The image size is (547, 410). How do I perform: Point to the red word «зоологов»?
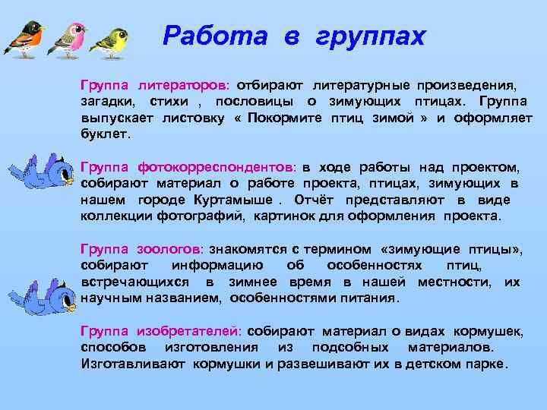point(170,249)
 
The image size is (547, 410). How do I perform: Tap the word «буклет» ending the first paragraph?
point(105,134)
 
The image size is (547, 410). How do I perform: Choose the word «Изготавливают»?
point(126,364)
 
